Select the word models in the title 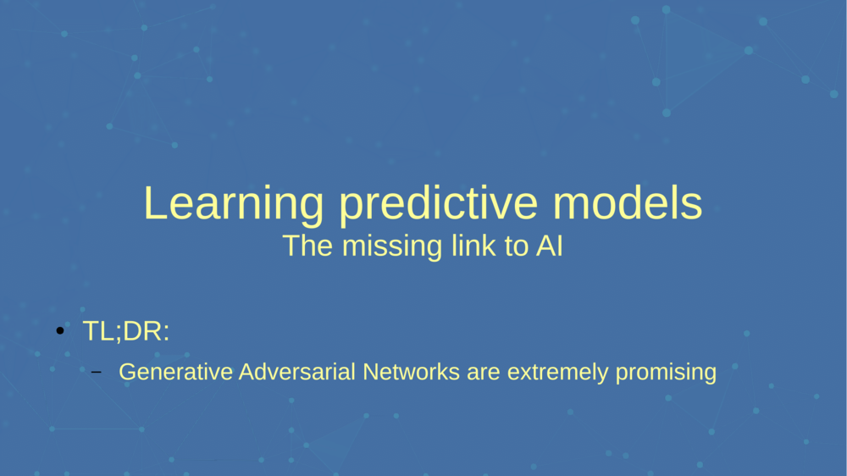(x=629, y=203)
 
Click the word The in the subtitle (x=302, y=246)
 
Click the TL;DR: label (x=126, y=331)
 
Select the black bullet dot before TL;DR (x=60, y=331)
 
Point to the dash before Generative (x=96, y=373)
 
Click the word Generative (x=176, y=372)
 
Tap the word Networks (x=411, y=372)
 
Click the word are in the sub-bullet (x=483, y=373)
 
